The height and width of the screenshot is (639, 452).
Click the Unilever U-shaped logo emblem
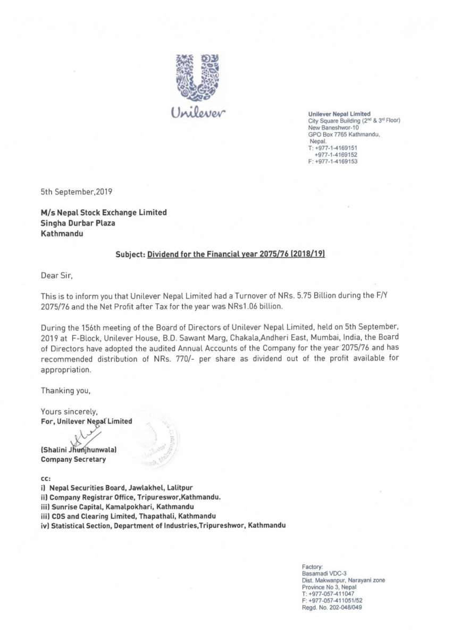198,77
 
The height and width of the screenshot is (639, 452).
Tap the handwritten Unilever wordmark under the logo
198,113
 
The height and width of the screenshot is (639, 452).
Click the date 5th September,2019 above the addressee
77,190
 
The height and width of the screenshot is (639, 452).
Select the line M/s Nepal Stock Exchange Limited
104,212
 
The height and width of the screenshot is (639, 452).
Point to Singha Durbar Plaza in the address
78,222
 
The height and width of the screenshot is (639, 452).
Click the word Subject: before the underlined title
130,254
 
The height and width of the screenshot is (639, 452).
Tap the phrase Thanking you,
66,391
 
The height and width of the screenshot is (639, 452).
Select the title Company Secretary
73,459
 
